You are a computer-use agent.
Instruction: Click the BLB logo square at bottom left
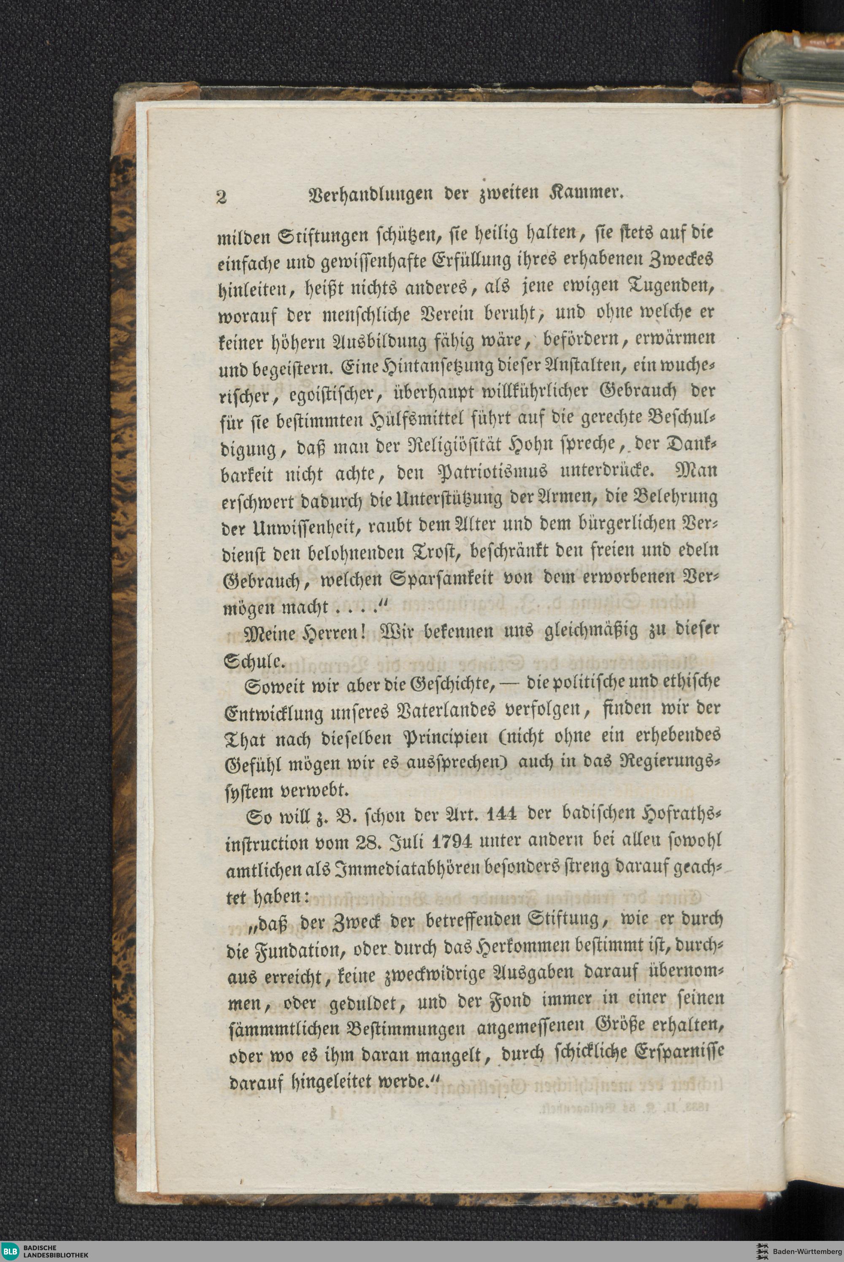(x=9, y=1251)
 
